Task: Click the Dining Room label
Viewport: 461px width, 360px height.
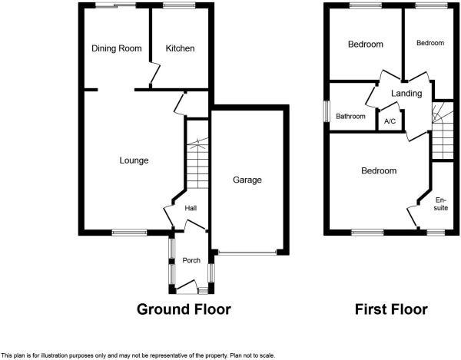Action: tap(117, 48)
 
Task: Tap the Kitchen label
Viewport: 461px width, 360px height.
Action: tap(181, 48)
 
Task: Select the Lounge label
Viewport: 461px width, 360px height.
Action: tap(134, 160)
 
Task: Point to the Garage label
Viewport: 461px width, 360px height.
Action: tap(248, 180)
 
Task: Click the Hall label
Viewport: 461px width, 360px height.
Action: tap(191, 208)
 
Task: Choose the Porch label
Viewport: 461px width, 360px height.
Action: tap(191, 260)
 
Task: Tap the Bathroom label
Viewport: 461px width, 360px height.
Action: tap(350, 117)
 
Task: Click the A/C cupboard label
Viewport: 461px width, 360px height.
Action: tap(390, 121)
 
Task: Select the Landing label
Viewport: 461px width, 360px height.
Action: tap(406, 94)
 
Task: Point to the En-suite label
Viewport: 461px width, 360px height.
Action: tap(440, 203)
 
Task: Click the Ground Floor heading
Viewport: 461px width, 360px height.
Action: tap(184, 309)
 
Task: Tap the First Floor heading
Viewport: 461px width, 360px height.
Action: tap(391, 309)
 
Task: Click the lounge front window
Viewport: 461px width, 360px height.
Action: tap(128, 232)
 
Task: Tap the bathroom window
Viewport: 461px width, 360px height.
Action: tap(326, 111)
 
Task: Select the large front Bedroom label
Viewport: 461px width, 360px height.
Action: tap(379, 170)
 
